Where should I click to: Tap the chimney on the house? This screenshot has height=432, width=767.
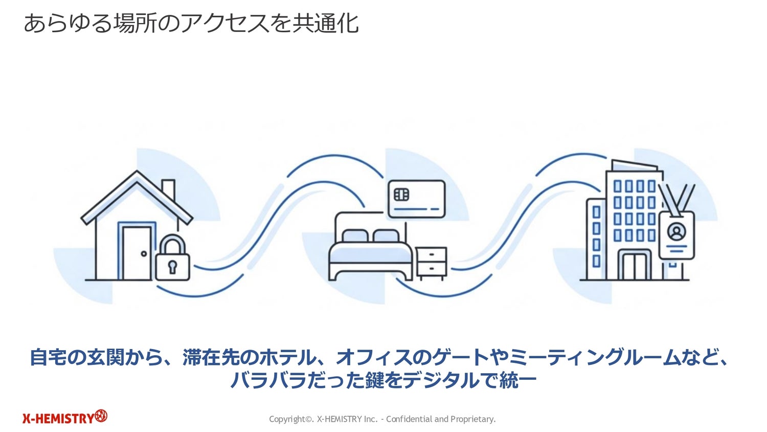click(x=168, y=190)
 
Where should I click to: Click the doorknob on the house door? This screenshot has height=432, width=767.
click(x=144, y=253)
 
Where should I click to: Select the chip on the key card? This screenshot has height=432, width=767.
click(x=401, y=195)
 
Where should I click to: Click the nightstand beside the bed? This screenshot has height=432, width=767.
click(x=431, y=263)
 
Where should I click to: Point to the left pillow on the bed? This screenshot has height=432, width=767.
click(x=355, y=236)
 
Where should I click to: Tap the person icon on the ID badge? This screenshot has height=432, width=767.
click(x=676, y=232)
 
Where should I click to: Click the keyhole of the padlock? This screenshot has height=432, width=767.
click(x=172, y=267)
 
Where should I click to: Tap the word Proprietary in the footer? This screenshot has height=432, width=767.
click(x=473, y=419)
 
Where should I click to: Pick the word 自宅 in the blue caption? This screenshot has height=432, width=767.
click(x=48, y=357)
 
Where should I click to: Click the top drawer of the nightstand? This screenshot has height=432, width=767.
click(x=431, y=255)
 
